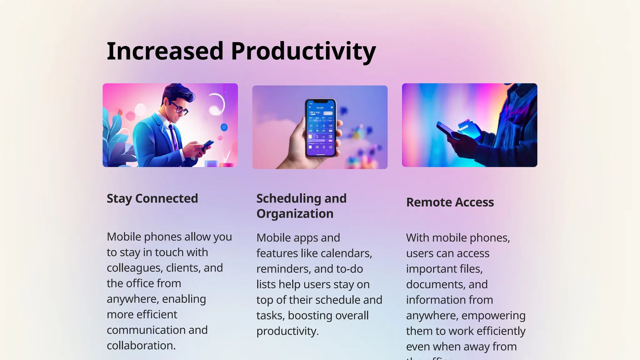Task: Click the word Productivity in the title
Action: pyautogui.click(x=303, y=51)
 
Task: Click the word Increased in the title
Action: pyautogui.click(x=165, y=51)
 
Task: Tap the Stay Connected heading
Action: pyautogui.click(x=152, y=198)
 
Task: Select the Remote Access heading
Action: pyautogui.click(x=450, y=202)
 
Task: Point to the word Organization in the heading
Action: pyautogui.click(x=295, y=214)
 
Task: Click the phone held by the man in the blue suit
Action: pyautogui.click(x=207, y=145)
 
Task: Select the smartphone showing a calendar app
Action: pyautogui.click(x=320, y=128)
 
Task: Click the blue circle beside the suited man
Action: pyautogui.click(x=224, y=127)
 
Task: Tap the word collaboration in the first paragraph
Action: pyautogui.click(x=141, y=346)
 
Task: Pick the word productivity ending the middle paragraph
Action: pyautogui.click(x=287, y=331)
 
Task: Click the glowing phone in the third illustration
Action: pyautogui.click(x=445, y=129)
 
